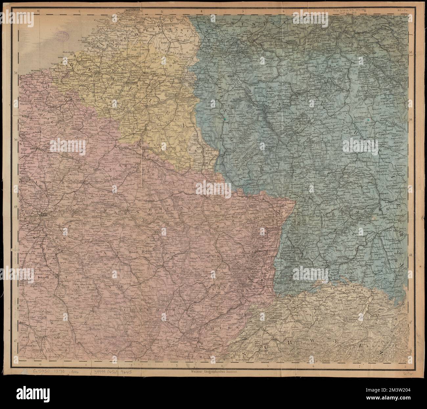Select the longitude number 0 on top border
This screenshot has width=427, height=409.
click(x=38, y=11)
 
